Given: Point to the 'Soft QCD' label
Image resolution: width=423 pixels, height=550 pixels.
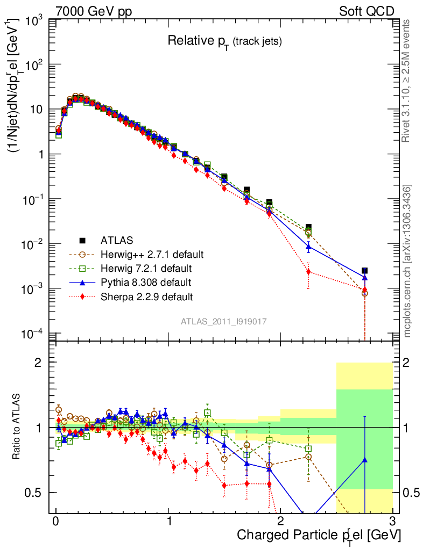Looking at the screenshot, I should (366, 11).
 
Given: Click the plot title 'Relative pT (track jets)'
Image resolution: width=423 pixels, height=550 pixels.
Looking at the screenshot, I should (224, 41).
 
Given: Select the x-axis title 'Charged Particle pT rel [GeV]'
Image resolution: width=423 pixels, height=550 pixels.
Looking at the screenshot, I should (319, 535).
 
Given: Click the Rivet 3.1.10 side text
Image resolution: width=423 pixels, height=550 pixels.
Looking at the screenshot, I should (406, 81).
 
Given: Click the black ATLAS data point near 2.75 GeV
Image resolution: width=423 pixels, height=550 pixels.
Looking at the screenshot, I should (364, 271).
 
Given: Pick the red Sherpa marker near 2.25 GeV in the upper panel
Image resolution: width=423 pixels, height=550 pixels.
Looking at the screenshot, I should (308, 272).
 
